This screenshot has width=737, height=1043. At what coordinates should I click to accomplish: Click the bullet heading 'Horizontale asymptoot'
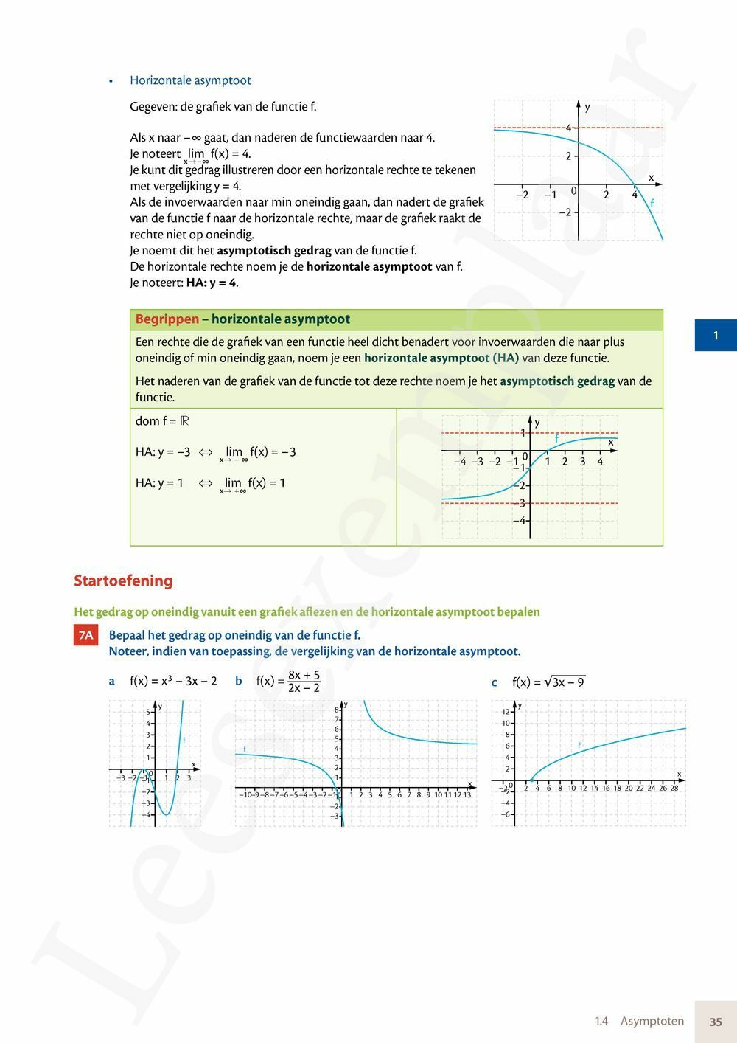coord(190,80)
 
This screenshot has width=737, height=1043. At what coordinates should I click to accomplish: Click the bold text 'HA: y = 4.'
coord(212,283)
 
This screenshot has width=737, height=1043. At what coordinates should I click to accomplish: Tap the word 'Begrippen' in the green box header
coord(167,319)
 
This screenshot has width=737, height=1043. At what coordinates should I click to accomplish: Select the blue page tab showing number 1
coord(715,336)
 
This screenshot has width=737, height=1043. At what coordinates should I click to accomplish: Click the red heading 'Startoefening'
coord(123,581)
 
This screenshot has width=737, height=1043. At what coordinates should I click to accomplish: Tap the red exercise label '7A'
coord(86,635)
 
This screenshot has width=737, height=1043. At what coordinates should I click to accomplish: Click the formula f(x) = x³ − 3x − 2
coord(173,681)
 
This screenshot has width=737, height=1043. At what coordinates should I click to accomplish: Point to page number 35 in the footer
coord(716,1022)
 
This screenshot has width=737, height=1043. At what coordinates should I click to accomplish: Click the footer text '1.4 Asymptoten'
coord(639,1022)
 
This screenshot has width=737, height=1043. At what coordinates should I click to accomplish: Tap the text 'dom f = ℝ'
coord(162,421)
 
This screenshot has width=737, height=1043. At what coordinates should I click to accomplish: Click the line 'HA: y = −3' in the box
coord(163,452)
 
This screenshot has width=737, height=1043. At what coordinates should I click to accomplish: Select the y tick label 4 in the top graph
coord(568,128)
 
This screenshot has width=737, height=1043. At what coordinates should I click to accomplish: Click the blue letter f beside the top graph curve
coord(652,202)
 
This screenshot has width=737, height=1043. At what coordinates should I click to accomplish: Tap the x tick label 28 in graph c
coord(674,788)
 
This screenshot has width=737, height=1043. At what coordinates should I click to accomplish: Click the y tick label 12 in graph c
coord(506,712)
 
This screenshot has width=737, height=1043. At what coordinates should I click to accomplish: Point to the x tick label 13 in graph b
coord(467,794)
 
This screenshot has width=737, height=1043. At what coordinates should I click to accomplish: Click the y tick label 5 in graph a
coord(148,712)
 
